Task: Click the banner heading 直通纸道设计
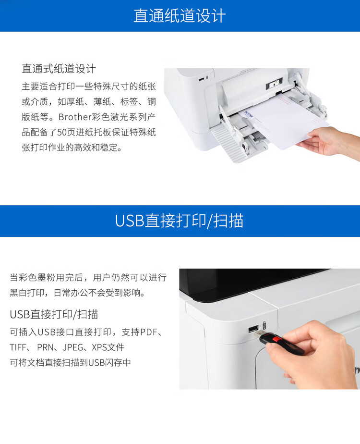click(180, 16)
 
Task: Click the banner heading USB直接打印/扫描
click(180, 221)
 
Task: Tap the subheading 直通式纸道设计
click(59, 69)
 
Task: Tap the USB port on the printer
click(252, 330)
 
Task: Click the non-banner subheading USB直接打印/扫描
click(54, 314)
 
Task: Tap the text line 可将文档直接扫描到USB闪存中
click(70, 363)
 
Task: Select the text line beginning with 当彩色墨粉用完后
click(88, 278)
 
